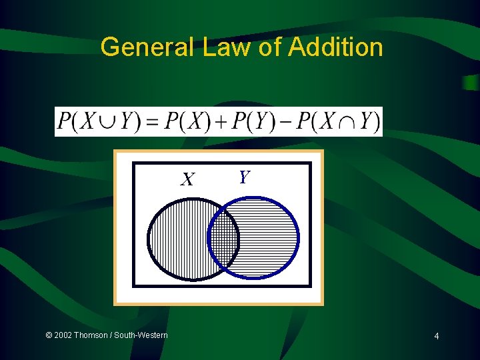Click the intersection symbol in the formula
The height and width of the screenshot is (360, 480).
click(345, 122)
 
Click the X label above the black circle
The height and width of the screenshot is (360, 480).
click(189, 179)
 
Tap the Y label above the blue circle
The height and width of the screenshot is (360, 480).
click(244, 177)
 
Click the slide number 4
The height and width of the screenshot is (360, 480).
click(436, 336)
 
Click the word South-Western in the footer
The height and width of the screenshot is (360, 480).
click(141, 335)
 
